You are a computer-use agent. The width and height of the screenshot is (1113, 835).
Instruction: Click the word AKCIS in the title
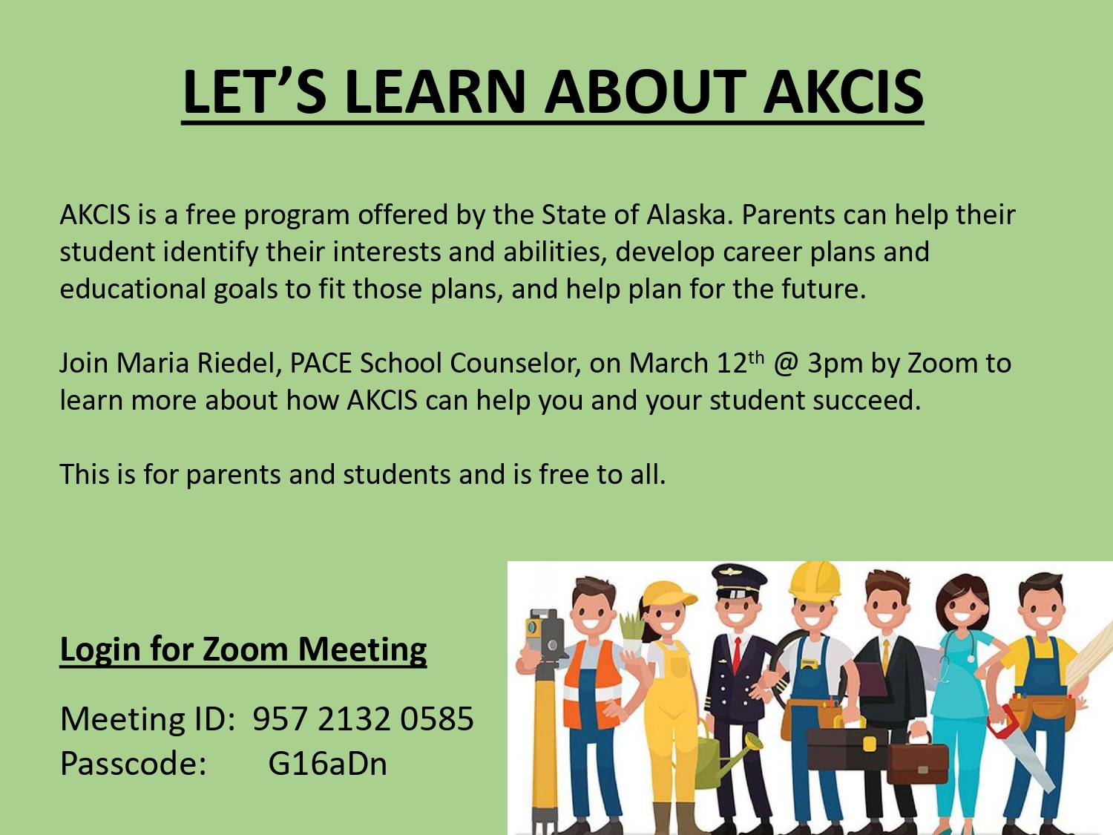click(843, 92)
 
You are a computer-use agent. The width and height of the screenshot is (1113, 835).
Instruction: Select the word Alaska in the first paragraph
click(690, 215)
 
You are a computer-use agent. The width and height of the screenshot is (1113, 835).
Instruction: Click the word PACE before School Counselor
click(321, 363)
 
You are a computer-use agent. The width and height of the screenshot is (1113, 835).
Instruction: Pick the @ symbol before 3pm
click(786, 364)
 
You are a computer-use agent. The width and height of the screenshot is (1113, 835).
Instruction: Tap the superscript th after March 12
click(757, 358)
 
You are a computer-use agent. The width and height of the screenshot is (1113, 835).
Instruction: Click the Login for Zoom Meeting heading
click(243, 649)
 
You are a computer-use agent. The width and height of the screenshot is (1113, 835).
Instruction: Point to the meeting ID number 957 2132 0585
click(363, 718)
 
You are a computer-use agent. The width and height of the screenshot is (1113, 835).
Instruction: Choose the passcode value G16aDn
click(327, 763)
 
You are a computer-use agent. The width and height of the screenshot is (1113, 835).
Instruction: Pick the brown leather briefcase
click(917, 759)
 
